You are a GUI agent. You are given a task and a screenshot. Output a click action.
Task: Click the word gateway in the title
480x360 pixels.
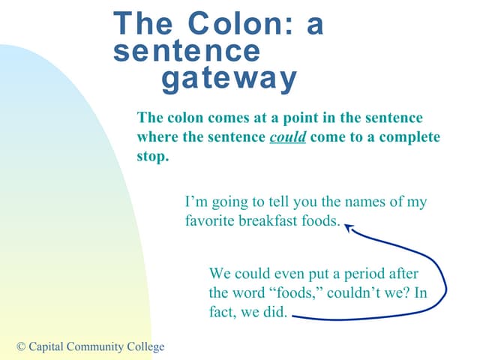229,78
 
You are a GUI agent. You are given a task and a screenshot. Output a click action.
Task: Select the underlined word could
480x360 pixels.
287,138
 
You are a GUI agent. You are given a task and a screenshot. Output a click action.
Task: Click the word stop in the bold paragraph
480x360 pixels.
151,157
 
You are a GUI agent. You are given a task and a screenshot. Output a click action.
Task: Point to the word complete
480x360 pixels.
411,138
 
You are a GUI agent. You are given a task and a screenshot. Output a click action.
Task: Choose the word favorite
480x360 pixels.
208,221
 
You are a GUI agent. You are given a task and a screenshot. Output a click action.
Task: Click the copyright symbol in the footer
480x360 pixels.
21,346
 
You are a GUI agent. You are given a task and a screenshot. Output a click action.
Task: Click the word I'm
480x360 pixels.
195,202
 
